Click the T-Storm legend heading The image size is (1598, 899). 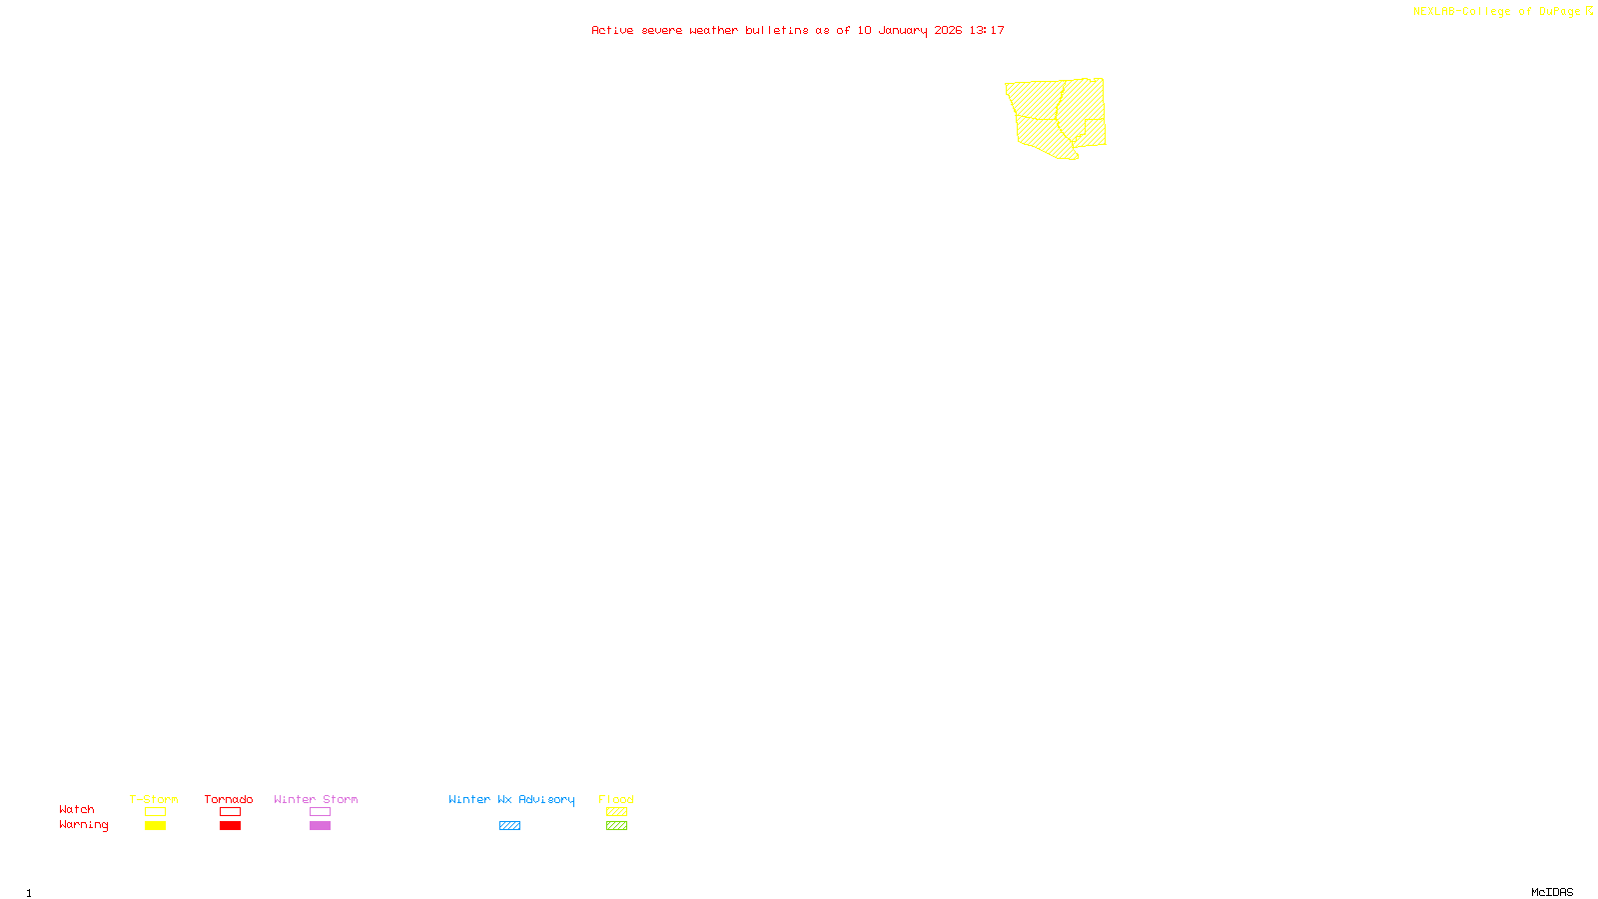click(154, 799)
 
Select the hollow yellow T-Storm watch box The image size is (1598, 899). click(155, 812)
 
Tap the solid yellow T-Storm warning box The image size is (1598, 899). click(155, 826)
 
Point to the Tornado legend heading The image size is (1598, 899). click(229, 799)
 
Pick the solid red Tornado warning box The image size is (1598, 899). click(230, 826)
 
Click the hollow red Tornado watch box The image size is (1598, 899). click(230, 812)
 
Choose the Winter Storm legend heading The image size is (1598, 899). click(316, 799)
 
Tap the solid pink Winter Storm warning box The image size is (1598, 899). click(320, 826)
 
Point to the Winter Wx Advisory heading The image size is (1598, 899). click(511, 799)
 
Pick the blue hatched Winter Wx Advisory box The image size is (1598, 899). click(509, 826)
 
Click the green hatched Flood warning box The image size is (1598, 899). click(616, 826)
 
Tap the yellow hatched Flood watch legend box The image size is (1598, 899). click(616, 812)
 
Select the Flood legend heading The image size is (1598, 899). click(616, 799)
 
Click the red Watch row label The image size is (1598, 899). click(77, 809)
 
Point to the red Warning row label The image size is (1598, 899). click(84, 825)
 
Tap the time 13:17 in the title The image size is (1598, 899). click(987, 30)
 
